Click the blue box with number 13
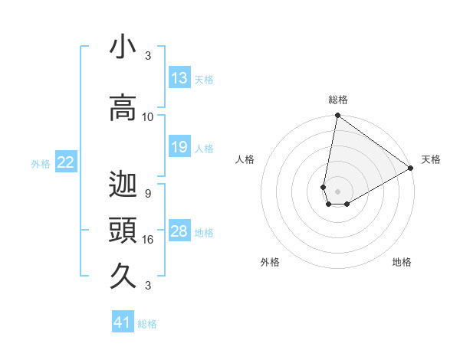[x=179, y=78]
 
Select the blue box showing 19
[x=179, y=147]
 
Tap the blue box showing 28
[x=179, y=232]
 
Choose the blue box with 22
[x=66, y=162]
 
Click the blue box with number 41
[x=123, y=322]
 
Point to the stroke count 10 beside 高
[x=148, y=117]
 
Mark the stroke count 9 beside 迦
[x=147, y=194]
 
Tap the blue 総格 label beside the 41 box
[x=147, y=324]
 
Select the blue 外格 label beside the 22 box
[x=41, y=163]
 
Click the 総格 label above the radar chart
[x=337, y=100]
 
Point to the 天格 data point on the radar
[x=411, y=169]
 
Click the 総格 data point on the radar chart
[x=337, y=116]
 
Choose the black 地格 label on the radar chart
[x=402, y=262]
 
